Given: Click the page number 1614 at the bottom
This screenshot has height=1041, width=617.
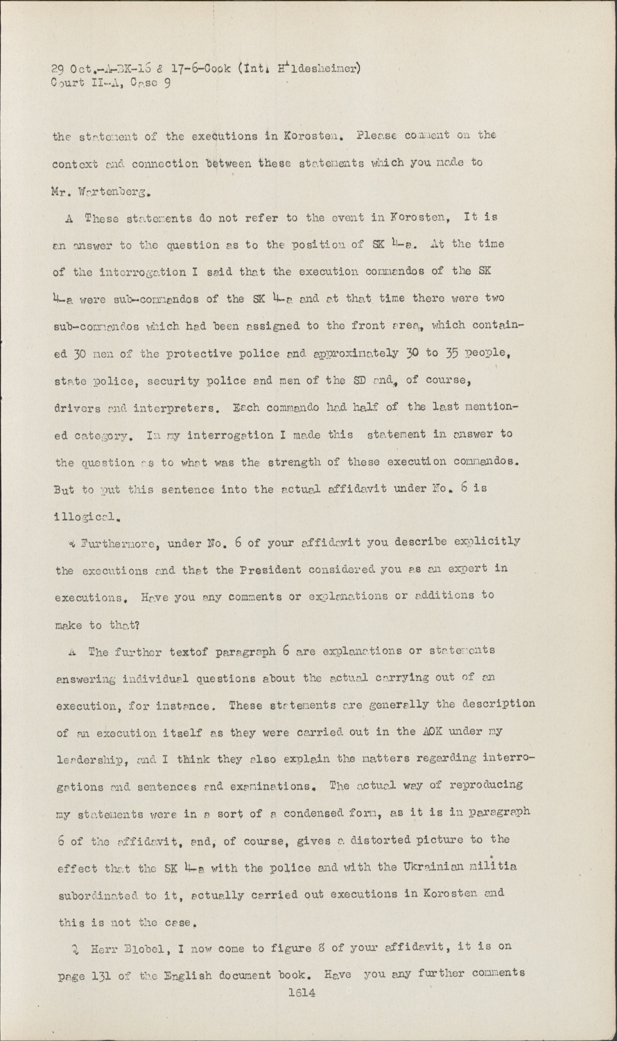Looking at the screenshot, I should pos(302,992).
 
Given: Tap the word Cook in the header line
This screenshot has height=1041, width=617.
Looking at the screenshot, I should pos(218,68).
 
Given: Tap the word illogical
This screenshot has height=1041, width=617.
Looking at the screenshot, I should pos(88,516).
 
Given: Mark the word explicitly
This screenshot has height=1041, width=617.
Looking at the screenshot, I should pos(486,541).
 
